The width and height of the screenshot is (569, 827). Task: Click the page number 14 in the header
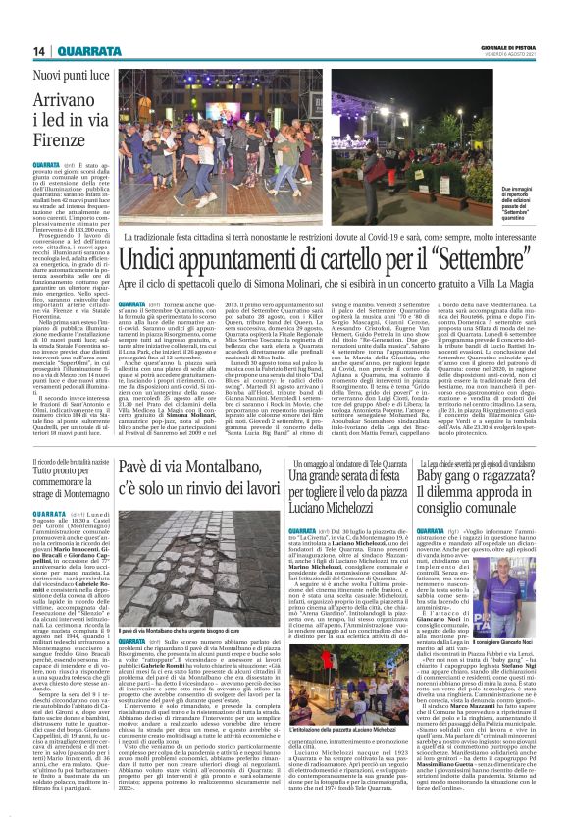point(39,51)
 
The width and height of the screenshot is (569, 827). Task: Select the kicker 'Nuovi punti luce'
point(67,75)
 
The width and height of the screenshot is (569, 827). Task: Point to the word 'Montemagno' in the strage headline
point(78,493)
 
